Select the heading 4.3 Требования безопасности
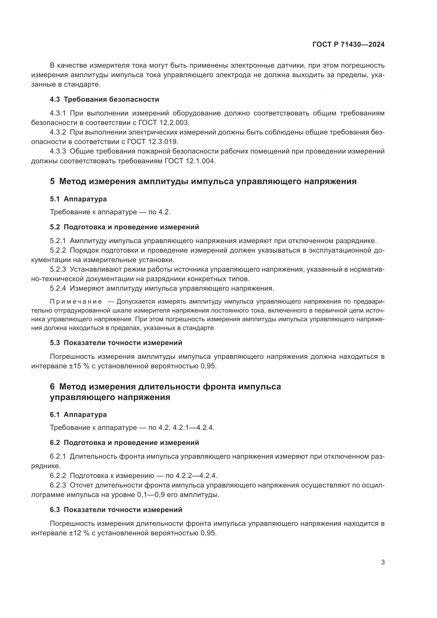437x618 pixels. tap(104, 100)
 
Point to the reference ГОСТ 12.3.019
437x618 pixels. tap(152, 142)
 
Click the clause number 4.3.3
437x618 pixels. tap(58, 151)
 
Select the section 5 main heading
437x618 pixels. tap(203, 181)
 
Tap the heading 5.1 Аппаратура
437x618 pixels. tap(78, 199)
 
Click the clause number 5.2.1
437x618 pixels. tap(58, 241)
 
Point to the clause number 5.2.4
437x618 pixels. tap(58, 288)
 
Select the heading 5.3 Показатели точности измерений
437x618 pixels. tap(116, 343)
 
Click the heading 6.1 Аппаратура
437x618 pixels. tap(78, 415)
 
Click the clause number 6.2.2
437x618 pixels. tap(58, 476)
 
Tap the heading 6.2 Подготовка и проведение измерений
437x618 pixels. tap(124, 443)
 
